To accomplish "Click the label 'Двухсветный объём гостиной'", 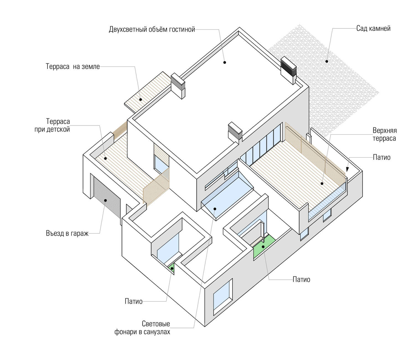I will (152, 29).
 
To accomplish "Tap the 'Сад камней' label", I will (373, 28).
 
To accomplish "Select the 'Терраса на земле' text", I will (73, 67).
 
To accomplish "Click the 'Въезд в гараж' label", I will (67, 233).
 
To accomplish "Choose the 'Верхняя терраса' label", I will (384, 134).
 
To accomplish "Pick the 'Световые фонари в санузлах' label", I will (142, 328).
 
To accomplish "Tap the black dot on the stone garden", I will (327, 61).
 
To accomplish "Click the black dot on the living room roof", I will (225, 62).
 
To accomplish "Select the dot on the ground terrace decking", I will (141, 99).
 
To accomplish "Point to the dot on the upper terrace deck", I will (322, 183).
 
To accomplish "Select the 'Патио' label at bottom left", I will (134, 301).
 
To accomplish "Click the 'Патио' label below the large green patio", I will (301, 280).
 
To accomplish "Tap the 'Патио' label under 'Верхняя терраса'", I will (382, 158).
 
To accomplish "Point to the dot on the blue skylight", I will (215, 209).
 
